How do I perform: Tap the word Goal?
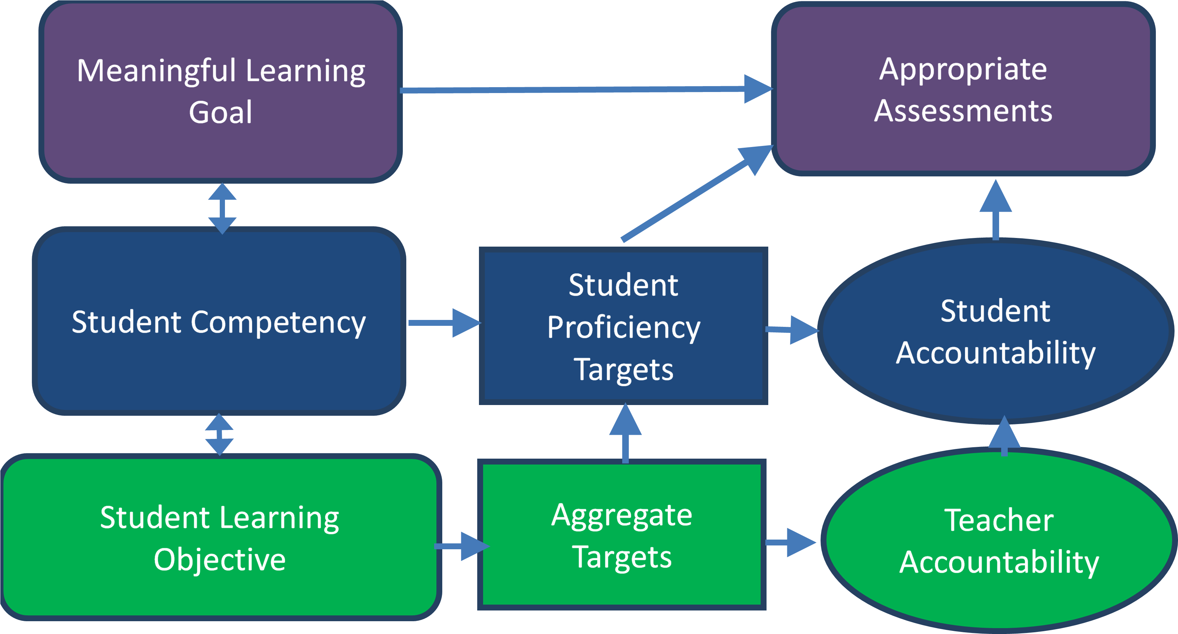tap(220, 112)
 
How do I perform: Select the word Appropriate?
tap(963, 70)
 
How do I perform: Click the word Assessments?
tap(963, 111)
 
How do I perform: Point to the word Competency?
tap(278, 323)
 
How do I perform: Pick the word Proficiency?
tap(624, 328)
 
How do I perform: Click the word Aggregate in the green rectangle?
tap(622, 516)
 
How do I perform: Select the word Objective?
tap(219, 560)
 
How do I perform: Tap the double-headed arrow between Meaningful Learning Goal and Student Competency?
tap(222, 209)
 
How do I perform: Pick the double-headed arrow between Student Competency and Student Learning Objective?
tap(219, 434)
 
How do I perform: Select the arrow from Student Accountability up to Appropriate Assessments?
tap(996, 210)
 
